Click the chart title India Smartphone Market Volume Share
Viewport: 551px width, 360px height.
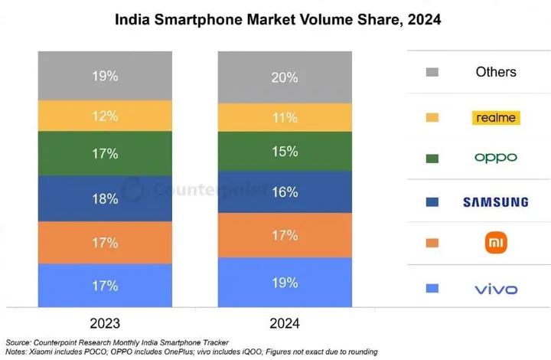pyautogui.click(x=278, y=18)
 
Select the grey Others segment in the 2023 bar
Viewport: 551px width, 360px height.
pyautogui.click(x=106, y=76)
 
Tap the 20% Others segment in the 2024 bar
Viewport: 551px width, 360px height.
pyautogui.click(x=285, y=77)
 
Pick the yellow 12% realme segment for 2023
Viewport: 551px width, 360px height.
pyautogui.click(x=106, y=116)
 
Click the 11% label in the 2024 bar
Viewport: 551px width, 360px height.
pyautogui.click(x=285, y=117)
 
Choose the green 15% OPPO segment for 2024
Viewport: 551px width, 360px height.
pyautogui.click(x=285, y=152)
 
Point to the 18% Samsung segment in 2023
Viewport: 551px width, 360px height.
pyautogui.click(x=106, y=198)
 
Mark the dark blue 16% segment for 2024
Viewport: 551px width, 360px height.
pyautogui.click(x=285, y=192)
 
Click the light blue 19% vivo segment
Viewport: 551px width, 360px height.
pyautogui.click(x=285, y=283)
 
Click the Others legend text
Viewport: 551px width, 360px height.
pyautogui.click(x=496, y=72)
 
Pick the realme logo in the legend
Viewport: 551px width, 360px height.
pyautogui.click(x=496, y=117)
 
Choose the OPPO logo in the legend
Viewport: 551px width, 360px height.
pyautogui.click(x=496, y=158)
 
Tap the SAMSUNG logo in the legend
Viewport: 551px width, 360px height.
pyautogui.click(x=495, y=202)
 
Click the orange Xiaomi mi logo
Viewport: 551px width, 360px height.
pyautogui.click(x=497, y=244)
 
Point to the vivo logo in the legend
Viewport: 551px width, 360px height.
pyautogui.click(x=496, y=289)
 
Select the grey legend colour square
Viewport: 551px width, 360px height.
pyautogui.click(x=432, y=72)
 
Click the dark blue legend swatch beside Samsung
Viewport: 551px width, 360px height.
pyautogui.click(x=432, y=202)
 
